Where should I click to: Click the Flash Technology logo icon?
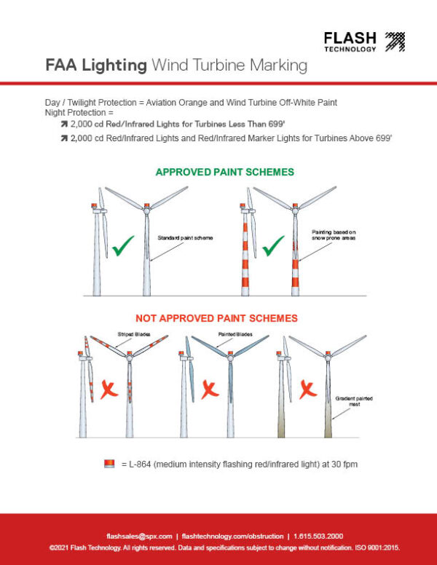coord(394,42)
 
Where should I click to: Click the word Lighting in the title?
coord(113,66)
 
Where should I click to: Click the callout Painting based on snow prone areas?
coord(334,234)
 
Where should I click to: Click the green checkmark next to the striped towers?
coord(273,245)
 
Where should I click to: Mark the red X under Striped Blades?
coord(110,390)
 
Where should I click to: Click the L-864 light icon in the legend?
coord(110,464)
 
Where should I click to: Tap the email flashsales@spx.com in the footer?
coord(139,535)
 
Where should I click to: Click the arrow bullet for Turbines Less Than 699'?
coord(64,125)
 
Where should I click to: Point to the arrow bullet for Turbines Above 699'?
coord(64,138)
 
